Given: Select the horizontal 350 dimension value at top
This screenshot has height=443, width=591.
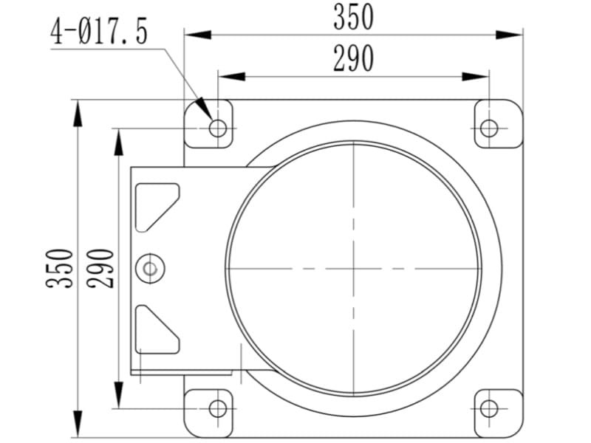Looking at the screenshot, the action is click(354, 17).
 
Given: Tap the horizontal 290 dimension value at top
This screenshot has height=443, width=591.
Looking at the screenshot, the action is click(354, 58).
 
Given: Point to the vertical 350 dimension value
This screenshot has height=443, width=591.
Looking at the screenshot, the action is click(60, 268).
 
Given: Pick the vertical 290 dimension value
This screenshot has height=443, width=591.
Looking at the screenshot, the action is click(100, 268).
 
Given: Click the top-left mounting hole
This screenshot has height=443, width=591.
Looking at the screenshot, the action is click(218, 128).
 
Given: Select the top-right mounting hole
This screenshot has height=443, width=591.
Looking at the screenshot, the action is click(489, 128).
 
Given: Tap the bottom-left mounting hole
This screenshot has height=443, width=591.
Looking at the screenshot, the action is click(218, 408).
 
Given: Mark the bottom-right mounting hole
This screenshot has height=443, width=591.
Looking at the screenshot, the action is click(489, 408).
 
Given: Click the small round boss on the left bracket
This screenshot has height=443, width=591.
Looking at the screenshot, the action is click(150, 269).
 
